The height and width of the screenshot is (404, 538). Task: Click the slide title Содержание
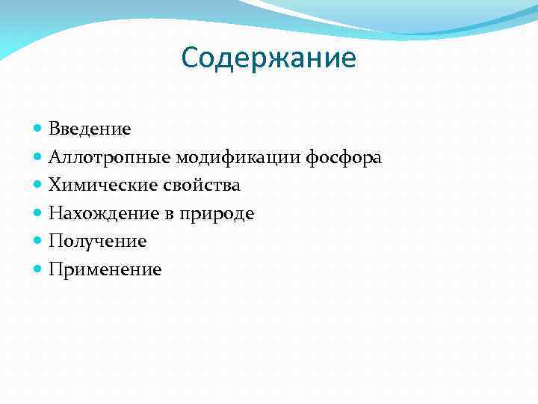(269, 58)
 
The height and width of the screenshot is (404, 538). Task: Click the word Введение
(90, 129)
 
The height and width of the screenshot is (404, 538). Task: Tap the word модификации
(239, 157)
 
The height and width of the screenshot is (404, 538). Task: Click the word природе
(222, 214)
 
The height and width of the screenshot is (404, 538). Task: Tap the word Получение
(97, 241)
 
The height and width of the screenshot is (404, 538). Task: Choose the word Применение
(105, 269)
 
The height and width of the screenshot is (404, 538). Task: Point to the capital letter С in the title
(191, 58)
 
